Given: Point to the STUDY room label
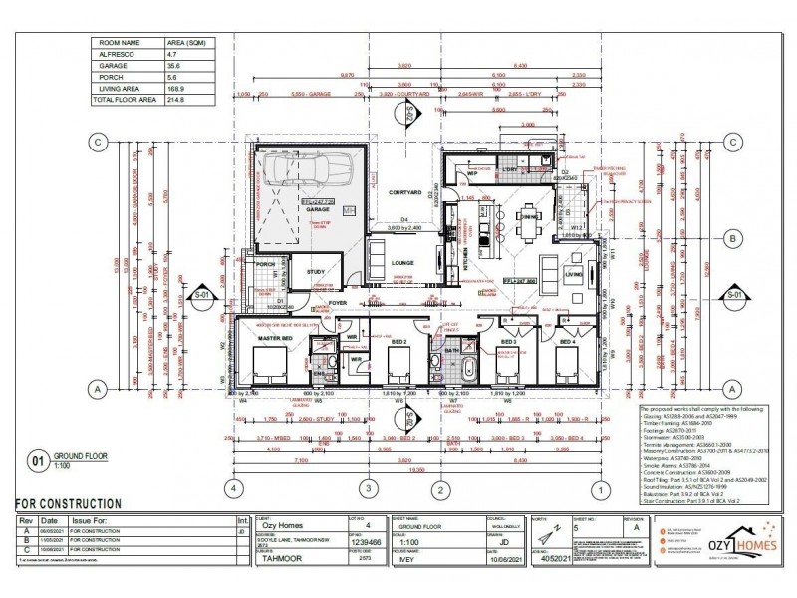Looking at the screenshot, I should pos(317,271).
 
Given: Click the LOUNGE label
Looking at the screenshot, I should pos(403,264).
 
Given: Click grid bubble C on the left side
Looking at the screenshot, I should pos(100,142).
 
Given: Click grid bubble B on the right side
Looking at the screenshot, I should pos(731,238).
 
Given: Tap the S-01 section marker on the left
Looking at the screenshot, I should pos(202,295).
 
